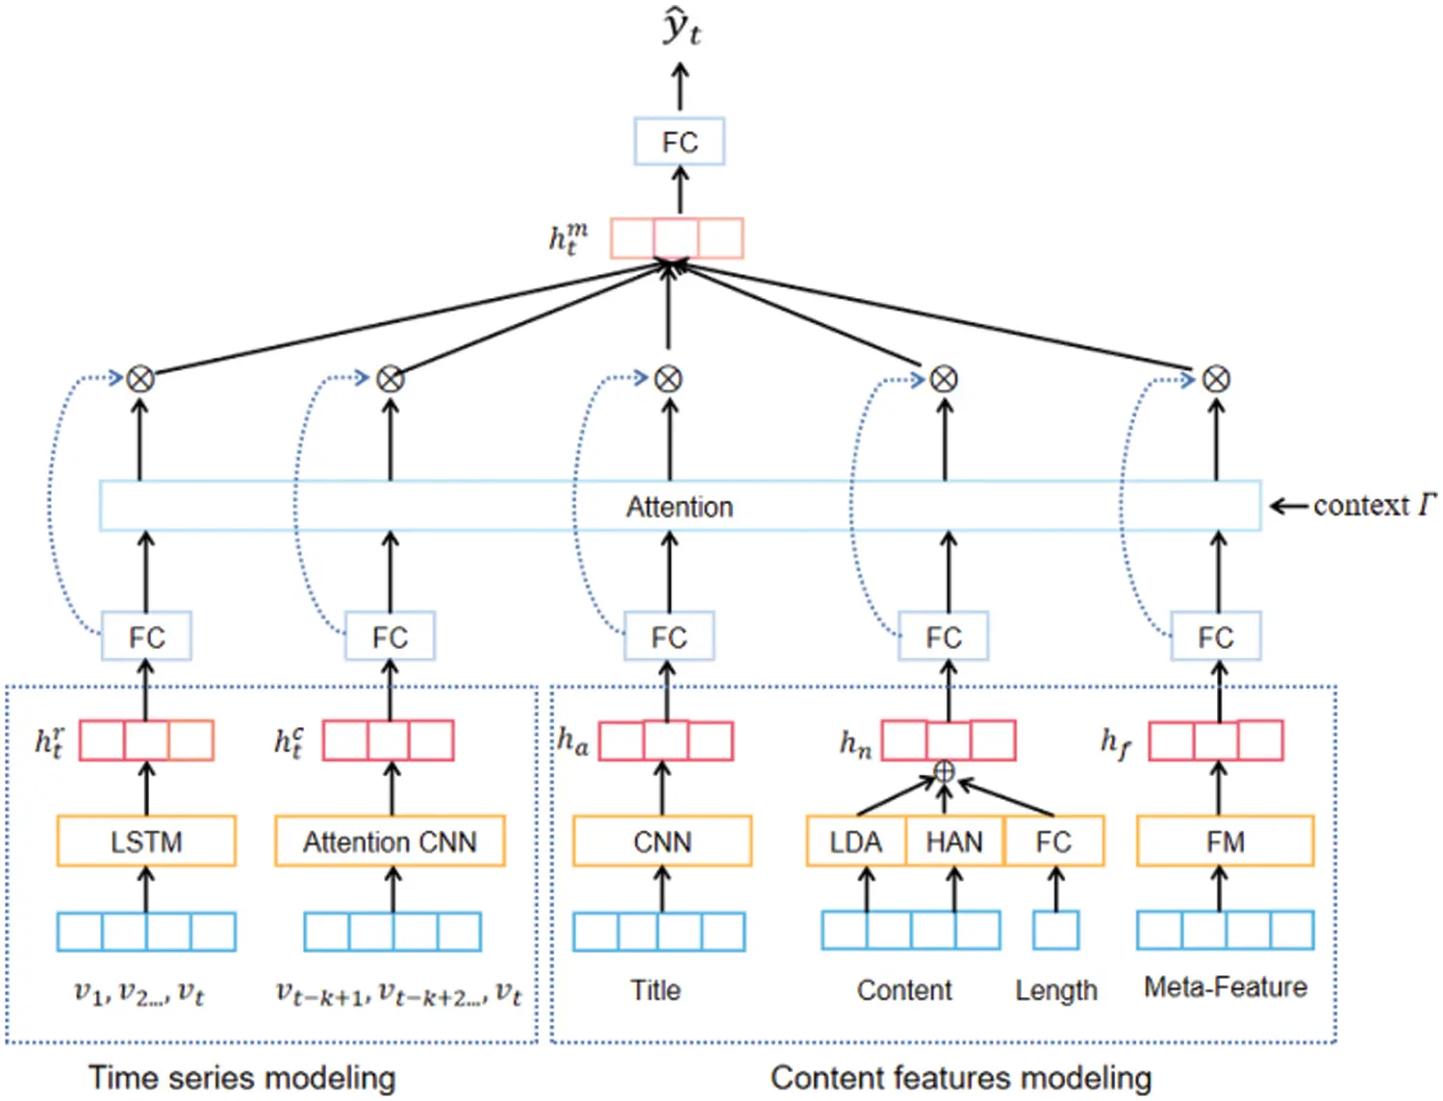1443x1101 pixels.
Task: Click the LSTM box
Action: pyautogui.click(x=146, y=841)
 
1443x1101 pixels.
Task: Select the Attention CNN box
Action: pyautogui.click(x=390, y=841)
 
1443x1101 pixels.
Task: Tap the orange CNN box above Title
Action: pyautogui.click(x=662, y=841)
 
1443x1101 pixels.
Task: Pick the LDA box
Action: pyautogui.click(x=855, y=841)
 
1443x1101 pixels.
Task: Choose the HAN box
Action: pyautogui.click(x=954, y=841)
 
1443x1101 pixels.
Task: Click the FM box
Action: pyautogui.click(x=1225, y=841)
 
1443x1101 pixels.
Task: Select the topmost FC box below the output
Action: pyautogui.click(x=679, y=142)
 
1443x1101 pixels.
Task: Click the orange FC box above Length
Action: pyautogui.click(x=1053, y=841)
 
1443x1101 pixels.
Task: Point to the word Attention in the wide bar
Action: pyautogui.click(x=679, y=507)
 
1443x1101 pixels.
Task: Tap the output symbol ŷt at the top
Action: pyautogui.click(x=681, y=29)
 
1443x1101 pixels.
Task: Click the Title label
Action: pyautogui.click(x=655, y=989)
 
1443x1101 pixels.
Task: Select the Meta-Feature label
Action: pyautogui.click(x=1225, y=987)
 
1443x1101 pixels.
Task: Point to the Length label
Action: pyautogui.click(x=1055, y=989)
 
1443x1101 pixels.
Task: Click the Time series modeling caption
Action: pyautogui.click(x=241, y=1078)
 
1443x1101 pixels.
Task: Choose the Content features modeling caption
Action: pyautogui.click(x=960, y=1078)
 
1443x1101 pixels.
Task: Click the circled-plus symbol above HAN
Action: pyautogui.click(x=945, y=771)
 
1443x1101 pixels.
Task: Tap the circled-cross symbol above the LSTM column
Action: pyautogui.click(x=140, y=379)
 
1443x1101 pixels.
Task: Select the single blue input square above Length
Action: pyautogui.click(x=1055, y=931)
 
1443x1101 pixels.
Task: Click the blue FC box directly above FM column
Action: pyautogui.click(x=1215, y=637)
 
